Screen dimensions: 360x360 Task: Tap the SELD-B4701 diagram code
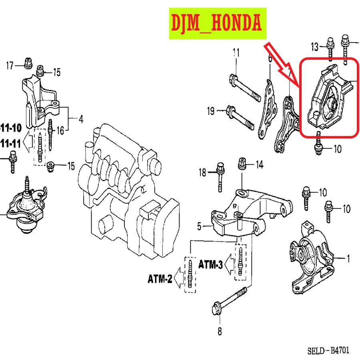328,351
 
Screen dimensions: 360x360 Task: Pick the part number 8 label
220,331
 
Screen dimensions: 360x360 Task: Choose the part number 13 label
315,47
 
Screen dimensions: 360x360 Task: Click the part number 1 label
348,259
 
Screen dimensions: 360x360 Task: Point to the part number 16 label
60,131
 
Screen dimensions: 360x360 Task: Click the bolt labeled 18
220,176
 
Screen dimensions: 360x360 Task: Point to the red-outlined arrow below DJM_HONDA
282,64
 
